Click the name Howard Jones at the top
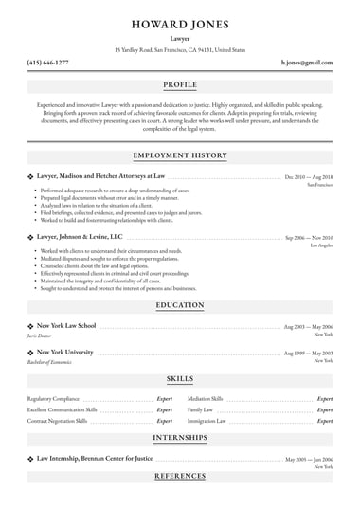[x=180, y=23]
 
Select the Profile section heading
[x=180, y=84]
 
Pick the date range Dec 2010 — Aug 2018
[x=309, y=177]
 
